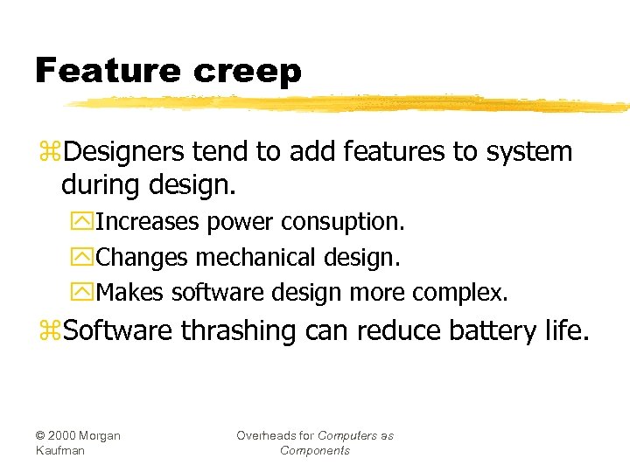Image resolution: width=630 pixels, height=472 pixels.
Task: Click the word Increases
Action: (147, 222)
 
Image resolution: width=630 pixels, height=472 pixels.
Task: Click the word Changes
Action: (142, 258)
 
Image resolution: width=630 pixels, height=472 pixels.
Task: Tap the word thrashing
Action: (239, 331)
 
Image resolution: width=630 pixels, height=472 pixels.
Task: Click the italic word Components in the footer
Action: (315, 450)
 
